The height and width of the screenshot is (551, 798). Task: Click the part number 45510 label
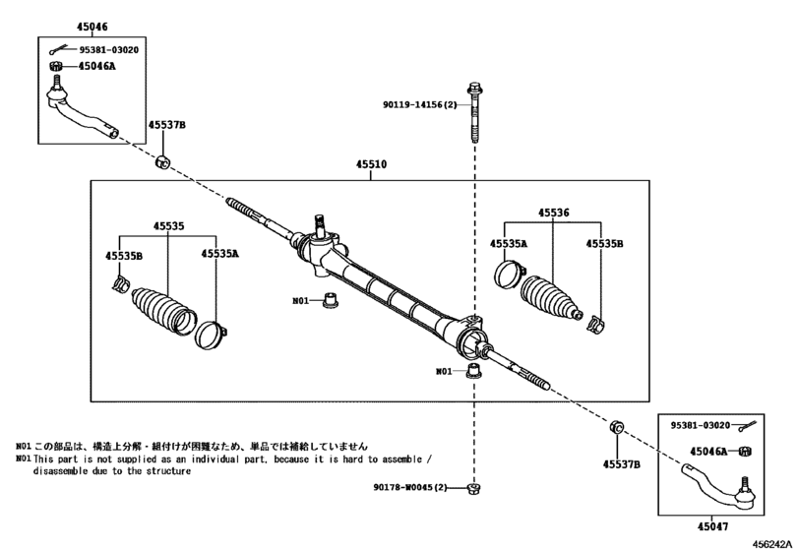371,164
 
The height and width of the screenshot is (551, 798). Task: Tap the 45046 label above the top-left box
92,27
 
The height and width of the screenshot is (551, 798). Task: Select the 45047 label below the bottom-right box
712,526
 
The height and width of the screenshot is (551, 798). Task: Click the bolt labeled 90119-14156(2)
474,112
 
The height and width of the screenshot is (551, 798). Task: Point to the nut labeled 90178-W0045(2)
474,488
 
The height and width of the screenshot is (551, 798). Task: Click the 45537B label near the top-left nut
167,125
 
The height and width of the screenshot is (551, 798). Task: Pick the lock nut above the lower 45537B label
617,427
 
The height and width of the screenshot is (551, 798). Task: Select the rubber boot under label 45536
551,299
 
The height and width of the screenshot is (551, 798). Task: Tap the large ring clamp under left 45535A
210,336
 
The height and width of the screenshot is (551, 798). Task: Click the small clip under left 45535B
121,283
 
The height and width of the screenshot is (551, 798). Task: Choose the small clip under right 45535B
595,324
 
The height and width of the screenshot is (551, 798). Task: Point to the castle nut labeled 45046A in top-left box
55,66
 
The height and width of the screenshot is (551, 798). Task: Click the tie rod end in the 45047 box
718,485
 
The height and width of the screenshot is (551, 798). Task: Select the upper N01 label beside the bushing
301,301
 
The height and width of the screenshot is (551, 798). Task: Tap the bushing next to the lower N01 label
474,371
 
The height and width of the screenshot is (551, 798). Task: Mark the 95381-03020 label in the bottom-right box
701,425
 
